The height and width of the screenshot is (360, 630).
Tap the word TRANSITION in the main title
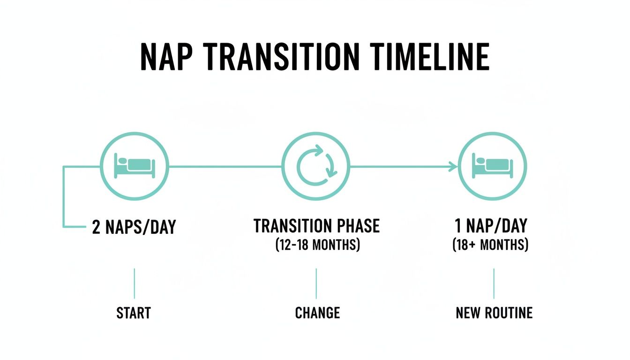click(x=283, y=57)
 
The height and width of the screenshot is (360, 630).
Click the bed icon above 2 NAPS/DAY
click(x=135, y=166)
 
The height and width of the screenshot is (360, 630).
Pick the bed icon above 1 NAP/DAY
click(x=493, y=166)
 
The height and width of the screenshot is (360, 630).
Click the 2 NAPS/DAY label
click(x=134, y=227)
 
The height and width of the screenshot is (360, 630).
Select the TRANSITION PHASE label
click(x=316, y=226)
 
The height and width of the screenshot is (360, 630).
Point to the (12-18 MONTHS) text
click(x=317, y=245)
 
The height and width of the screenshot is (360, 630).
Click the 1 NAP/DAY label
click(x=491, y=226)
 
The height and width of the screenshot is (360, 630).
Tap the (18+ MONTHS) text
click(x=491, y=245)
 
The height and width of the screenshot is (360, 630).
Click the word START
click(x=134, y=313)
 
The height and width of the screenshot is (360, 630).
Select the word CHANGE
click(x=317, y=313)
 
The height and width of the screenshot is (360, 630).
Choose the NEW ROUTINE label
click(x=494, y=313)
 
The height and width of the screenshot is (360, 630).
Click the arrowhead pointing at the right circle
click(x=454, y=166)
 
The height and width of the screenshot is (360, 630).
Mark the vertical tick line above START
click(x=135, y=283)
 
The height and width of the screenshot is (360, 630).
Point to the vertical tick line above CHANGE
click(x=316, y=283)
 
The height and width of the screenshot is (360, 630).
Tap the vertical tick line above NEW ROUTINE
click(x=494, y=283)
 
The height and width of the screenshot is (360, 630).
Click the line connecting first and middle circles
click(x=225, y=166)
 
